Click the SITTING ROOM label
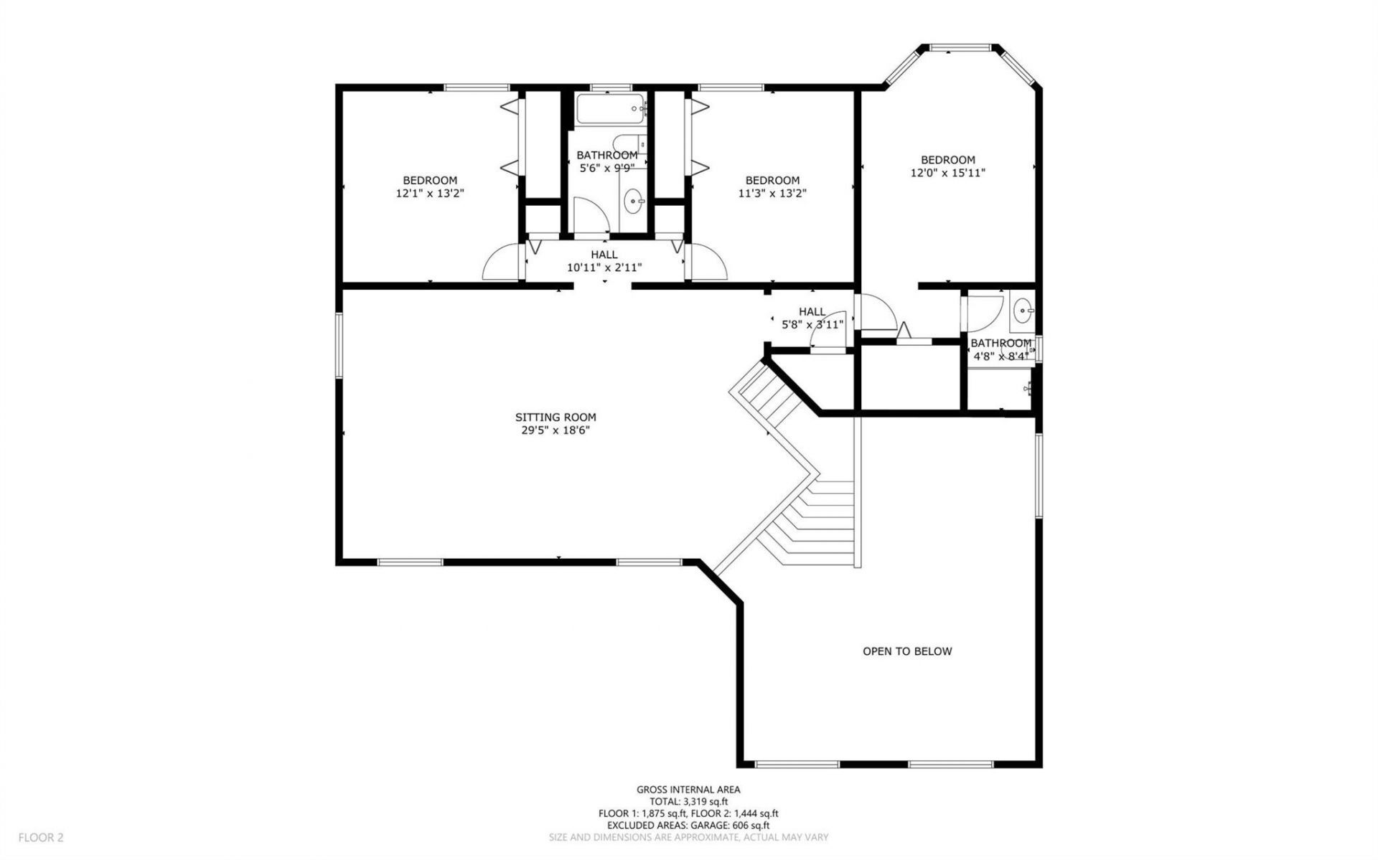coord(555,417)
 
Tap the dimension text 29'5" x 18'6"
coord(555,430)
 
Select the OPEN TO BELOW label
coord(906,651)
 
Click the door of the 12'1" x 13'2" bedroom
coord(500,263)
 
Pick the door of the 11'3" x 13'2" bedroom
coord(709,263)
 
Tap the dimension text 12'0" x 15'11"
coord(948,173)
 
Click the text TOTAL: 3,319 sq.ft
coord(688,801)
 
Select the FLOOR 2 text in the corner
coord(41,837)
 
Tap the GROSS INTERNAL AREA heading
coord(688,789)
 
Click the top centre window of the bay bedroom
coord(960,48)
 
